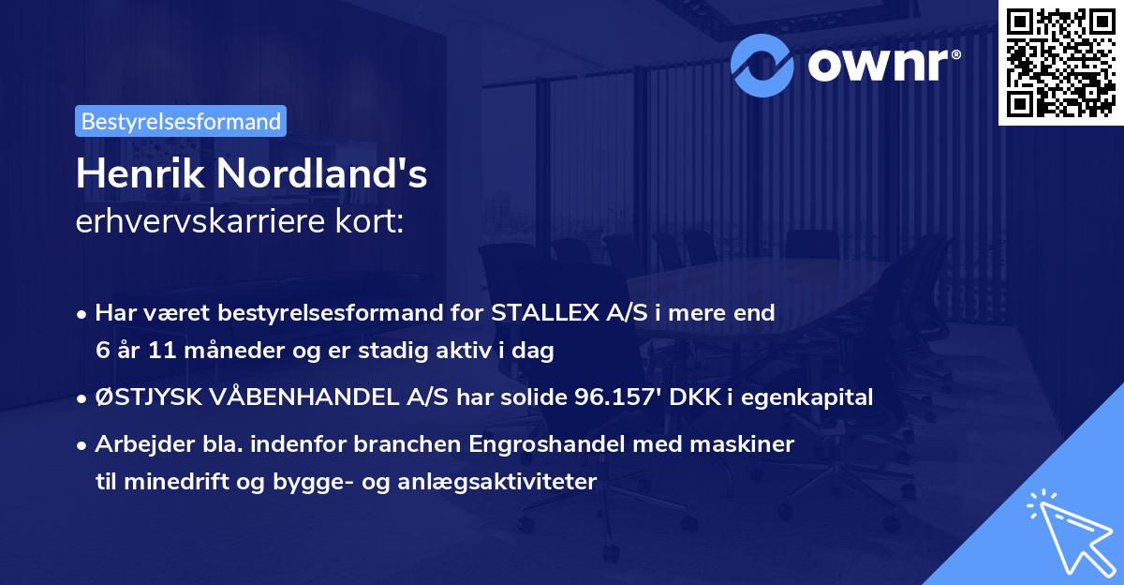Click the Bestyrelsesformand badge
[x=180, y=121]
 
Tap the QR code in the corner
[x=1060, y=63]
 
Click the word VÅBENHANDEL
[x=305, y=397]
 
